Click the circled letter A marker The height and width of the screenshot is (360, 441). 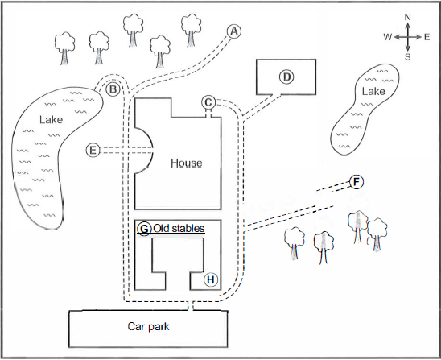[x=234, y=31]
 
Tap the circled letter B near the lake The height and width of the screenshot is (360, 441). [x=113, y=89]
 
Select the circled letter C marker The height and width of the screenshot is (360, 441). [x=208, y=102]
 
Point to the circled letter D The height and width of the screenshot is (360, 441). [x=286, y=77]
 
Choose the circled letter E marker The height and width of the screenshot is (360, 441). [x=93, y=151]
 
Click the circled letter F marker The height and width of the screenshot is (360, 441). [x=357, y=182]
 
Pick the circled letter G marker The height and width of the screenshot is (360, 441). [x=144, y=229]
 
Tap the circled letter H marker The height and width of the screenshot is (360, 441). [x=211, y=279]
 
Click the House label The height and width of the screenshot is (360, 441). [x=187, y=163]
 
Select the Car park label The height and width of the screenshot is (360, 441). [x=148, y=326]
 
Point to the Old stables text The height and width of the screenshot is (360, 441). [x=179, y=228]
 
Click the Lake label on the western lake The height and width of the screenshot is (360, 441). [x=51, y=120]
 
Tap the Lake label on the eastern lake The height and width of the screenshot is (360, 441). [x=373, y=91]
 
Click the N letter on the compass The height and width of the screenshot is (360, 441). [x=408, y=17]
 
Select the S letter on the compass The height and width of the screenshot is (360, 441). [x=408, y=57]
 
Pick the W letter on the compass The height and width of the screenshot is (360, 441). [x=388, y=37]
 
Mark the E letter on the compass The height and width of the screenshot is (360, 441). [x=427, y=37]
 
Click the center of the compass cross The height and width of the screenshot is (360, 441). [x=408, y=37]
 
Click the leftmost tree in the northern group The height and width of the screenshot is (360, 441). [x=64, y=48]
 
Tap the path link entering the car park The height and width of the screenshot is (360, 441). [x=191, y=305]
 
